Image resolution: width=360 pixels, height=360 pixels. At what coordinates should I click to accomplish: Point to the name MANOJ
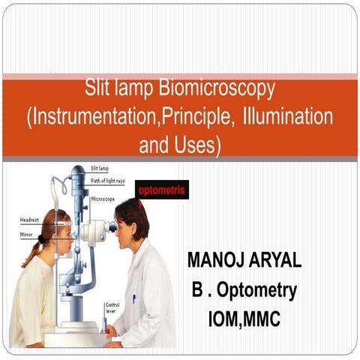point(217,261)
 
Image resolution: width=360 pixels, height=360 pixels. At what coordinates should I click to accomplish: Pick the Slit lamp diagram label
point(100,168)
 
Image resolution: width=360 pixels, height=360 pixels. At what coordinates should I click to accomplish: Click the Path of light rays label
point(109,181)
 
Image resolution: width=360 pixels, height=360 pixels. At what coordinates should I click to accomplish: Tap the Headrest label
point(29,220)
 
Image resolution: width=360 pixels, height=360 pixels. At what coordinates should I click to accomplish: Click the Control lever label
point(112,308)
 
